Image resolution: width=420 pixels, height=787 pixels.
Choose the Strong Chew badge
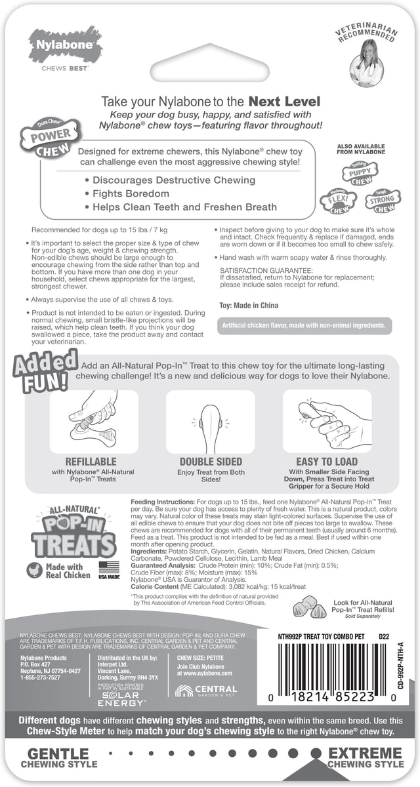pyautogui.click(x=383, y=202)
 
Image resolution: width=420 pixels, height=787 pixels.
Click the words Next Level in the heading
pyautogui.click(x=283, y=102)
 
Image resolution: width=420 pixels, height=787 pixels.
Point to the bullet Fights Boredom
pyautogui.click(x=131, y=193)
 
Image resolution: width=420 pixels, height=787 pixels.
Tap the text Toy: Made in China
pyautogui.click(x=249, y=306)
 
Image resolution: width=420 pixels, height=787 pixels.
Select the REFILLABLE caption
pyautogui.click(x=91, y=461)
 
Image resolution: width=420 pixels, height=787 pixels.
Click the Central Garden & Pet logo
pyautogui.click(x=207, y=690)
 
